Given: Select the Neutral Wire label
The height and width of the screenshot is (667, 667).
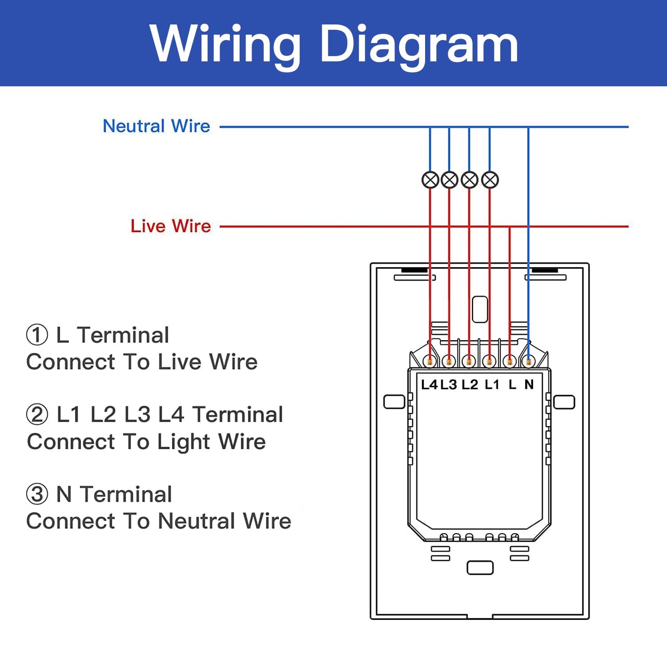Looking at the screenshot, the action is (x=156, y=126).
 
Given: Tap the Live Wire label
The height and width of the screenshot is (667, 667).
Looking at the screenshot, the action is (x=171, y=226).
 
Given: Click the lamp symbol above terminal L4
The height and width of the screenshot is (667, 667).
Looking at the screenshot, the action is (x=430, y=180).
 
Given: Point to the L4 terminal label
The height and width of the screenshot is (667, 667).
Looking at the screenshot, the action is (x=429, y=385).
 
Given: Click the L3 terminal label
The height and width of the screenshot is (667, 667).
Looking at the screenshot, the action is (x=449, y=385).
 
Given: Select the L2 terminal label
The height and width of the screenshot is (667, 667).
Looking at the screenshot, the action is (x=470, y=385).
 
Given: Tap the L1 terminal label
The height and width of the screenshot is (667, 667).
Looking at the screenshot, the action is (x=492, y=385).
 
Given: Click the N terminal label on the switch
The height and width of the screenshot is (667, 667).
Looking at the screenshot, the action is (x=529, y=385).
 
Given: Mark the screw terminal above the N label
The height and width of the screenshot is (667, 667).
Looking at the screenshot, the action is (x=528, y=362).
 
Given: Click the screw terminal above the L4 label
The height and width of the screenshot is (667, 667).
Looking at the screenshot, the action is (x=430, y=362).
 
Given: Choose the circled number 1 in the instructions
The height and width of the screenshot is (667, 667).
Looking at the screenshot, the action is (x=37, y=335).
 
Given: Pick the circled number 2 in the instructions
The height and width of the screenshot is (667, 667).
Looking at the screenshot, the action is (x=37, y=415).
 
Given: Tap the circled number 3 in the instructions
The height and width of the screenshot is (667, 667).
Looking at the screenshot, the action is (x=37, y=494).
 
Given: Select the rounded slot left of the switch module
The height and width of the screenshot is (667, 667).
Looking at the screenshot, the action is (x=394, y=402).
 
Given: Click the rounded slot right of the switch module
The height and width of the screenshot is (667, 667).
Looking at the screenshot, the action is (x=564, y=402).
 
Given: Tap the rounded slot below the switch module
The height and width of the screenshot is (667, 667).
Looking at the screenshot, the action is (x=480, y=568).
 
